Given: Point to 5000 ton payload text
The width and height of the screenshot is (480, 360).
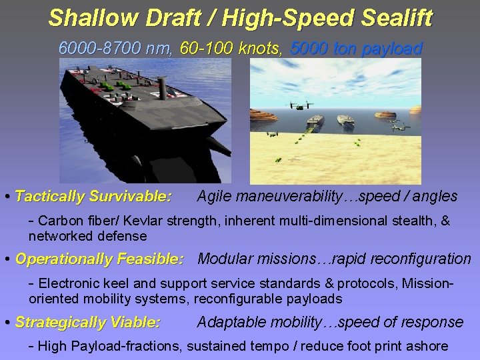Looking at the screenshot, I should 357,48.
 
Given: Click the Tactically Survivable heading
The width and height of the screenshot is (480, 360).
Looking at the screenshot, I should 93,197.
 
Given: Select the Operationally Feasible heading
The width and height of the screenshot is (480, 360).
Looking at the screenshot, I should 99,259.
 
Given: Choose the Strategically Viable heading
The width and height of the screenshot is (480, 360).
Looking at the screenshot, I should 87,323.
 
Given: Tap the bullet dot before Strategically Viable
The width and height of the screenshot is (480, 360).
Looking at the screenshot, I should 7,323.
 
